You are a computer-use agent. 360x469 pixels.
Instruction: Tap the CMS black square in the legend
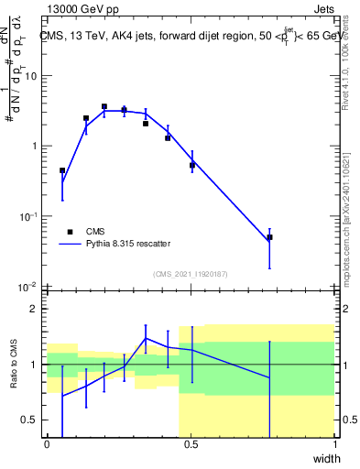[x=69, y=232]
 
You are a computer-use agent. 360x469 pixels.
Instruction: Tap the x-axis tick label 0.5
[x=191, y=444]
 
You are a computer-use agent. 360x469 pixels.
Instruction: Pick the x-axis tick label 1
[x=334, y=444]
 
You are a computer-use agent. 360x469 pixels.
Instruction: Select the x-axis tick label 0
[x=47, y=444]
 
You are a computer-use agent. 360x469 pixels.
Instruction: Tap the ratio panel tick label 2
[x=35, y=309]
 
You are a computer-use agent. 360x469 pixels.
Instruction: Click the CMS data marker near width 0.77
[x=269, y=237]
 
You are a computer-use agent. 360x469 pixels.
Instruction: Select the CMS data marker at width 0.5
[x=192, y=166]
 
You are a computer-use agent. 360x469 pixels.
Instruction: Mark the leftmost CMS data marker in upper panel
[x=62, y=170]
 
